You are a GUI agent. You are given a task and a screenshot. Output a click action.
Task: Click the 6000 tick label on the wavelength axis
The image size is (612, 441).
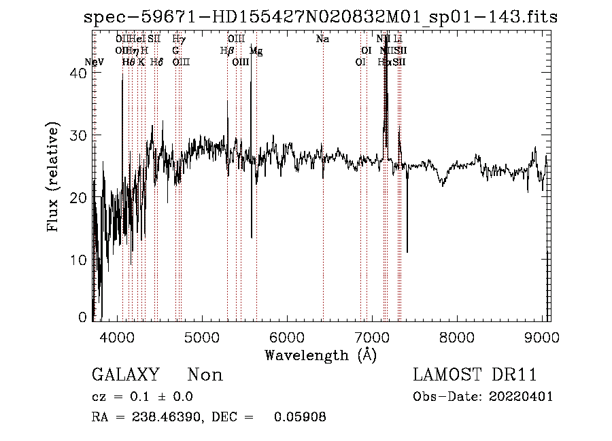point(286,338)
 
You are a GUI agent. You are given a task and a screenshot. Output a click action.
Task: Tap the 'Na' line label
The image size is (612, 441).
point(323,39)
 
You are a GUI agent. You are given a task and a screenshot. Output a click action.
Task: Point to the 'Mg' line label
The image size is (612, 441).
point(256,50)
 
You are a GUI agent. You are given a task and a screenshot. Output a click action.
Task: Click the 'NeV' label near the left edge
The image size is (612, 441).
point(95,62)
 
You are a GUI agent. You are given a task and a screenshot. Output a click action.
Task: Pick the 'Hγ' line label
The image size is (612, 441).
point(179,39)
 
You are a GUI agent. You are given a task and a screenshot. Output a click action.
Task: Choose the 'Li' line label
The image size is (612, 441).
point(398,39)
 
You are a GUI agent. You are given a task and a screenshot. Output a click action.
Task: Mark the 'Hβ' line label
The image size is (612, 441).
point(227,50)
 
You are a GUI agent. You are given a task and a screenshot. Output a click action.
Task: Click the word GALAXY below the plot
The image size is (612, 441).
point(126,375)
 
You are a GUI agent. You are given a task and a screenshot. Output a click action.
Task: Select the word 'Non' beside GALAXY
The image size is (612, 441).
point(205,375)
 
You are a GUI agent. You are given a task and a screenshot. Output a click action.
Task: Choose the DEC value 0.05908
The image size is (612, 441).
point(300,417)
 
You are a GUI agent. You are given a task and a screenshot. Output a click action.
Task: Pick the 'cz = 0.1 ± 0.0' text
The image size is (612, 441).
point(142,397)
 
